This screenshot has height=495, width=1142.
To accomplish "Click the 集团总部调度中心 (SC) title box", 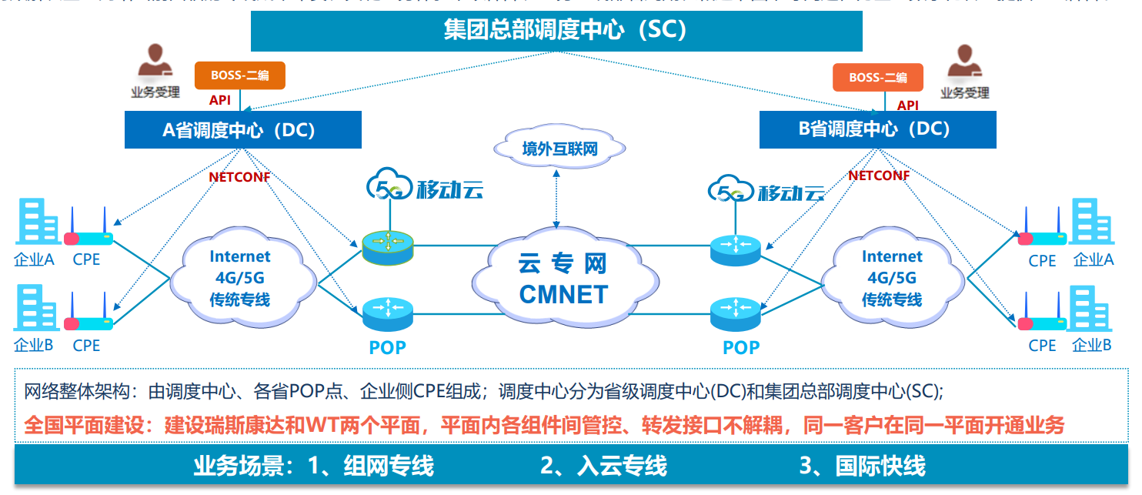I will point(556,30).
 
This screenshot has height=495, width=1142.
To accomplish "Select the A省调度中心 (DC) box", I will point(242,129).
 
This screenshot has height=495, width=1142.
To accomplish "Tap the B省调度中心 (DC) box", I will point(877,129).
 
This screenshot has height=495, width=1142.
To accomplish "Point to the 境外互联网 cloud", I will point(559,149).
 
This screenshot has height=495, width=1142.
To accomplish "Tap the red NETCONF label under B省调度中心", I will point(879,176).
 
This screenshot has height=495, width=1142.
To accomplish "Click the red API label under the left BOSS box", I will point(220,100).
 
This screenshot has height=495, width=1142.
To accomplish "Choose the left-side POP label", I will point(387,347).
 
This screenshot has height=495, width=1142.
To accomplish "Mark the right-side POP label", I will point(741,347).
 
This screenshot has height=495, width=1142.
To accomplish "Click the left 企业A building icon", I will point(36,222).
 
